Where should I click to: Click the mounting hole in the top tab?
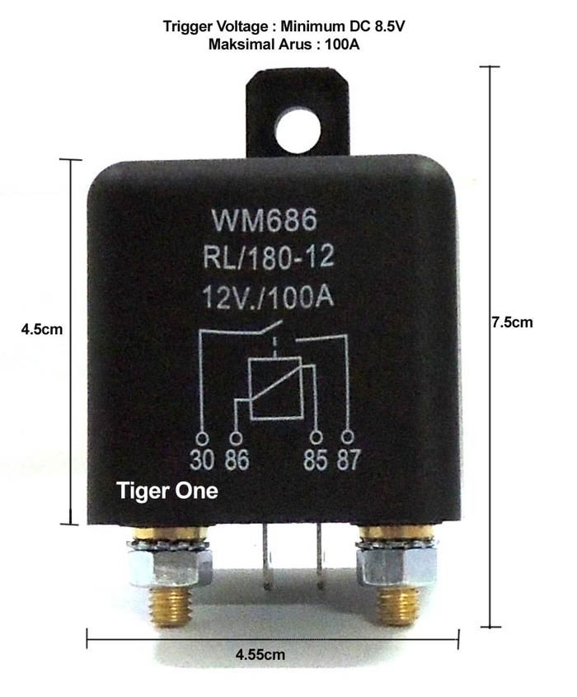click(x=298, y=130)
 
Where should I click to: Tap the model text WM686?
click(x=265, y=220)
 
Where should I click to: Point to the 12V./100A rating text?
click(x=268, y=296)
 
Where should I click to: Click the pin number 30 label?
click(x=201, y=459)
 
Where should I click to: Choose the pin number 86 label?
click(x=237, y=459)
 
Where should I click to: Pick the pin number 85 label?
click(x=316, y=459)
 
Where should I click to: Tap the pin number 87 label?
click(x=348, y=459)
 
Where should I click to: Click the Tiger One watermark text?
click(x=167, y=491)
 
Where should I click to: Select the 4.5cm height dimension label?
click(x=42, y=329)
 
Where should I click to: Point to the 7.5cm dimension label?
click(x=512, y=322)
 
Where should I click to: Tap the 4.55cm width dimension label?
click(x=260, y=654)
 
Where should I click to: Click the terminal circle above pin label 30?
click(x=202, y=438)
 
